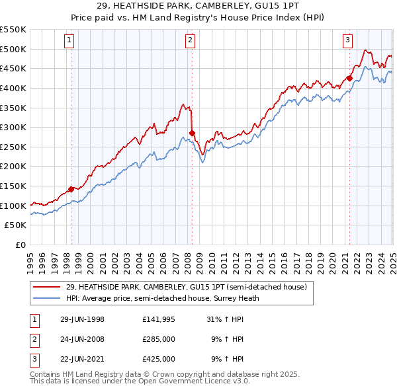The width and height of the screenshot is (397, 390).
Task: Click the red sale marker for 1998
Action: point(71,189)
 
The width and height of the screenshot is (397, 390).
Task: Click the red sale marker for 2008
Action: point(192,133)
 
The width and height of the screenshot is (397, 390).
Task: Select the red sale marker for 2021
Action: point(349,78)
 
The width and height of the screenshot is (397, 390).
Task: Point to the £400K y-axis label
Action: point(13,88)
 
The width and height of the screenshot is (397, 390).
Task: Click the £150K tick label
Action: point(13,186)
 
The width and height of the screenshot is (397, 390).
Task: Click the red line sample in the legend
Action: point(46,288)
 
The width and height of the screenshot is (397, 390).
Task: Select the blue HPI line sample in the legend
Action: point(46,298)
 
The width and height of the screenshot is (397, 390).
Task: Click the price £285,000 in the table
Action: point(159,339)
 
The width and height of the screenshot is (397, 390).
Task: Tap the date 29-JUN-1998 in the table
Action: point(82,319)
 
